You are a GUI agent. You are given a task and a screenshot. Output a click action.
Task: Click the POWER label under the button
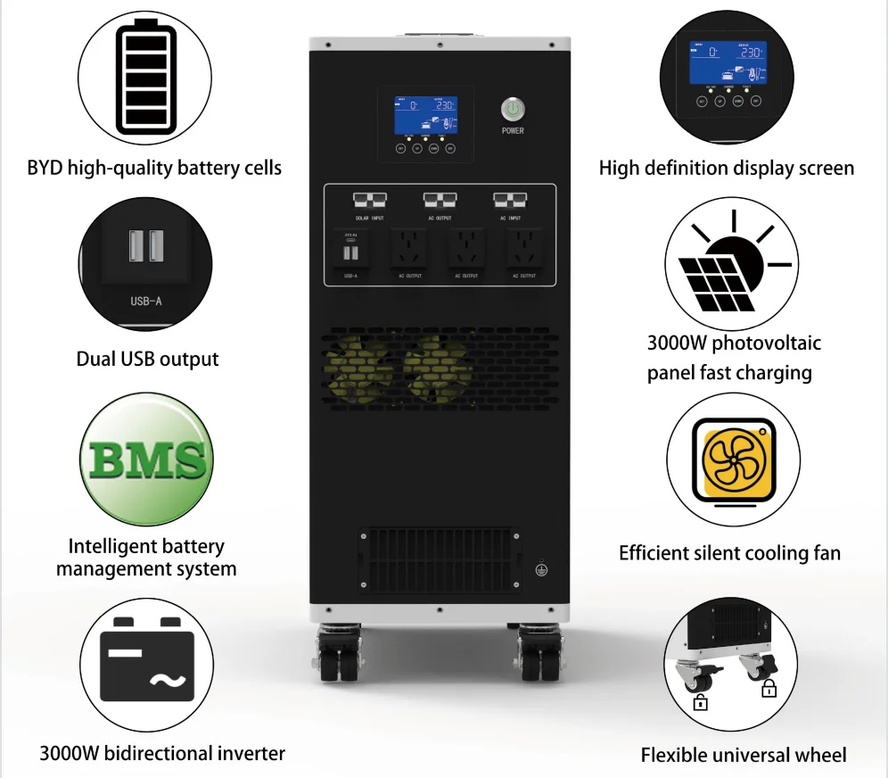[x=513, y=131]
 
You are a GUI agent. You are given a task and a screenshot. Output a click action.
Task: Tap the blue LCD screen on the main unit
[x=426, y=115]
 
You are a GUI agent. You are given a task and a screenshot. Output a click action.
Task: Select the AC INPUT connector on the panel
[x=511, y=201]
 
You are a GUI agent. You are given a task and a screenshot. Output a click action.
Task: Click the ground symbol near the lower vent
[x=540, y=567]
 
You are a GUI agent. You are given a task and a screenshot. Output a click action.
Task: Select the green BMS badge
[x=146, y=459]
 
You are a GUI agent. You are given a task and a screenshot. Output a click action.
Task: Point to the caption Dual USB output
[x=147, y=360]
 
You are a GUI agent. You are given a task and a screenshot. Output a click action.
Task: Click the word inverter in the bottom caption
[x=249, y=753]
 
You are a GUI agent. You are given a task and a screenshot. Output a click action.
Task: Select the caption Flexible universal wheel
[x=744, y=755]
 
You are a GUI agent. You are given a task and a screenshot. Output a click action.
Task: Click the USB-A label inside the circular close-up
[x=146, y=301]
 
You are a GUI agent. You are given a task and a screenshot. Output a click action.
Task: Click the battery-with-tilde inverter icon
[x=147, y=662]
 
